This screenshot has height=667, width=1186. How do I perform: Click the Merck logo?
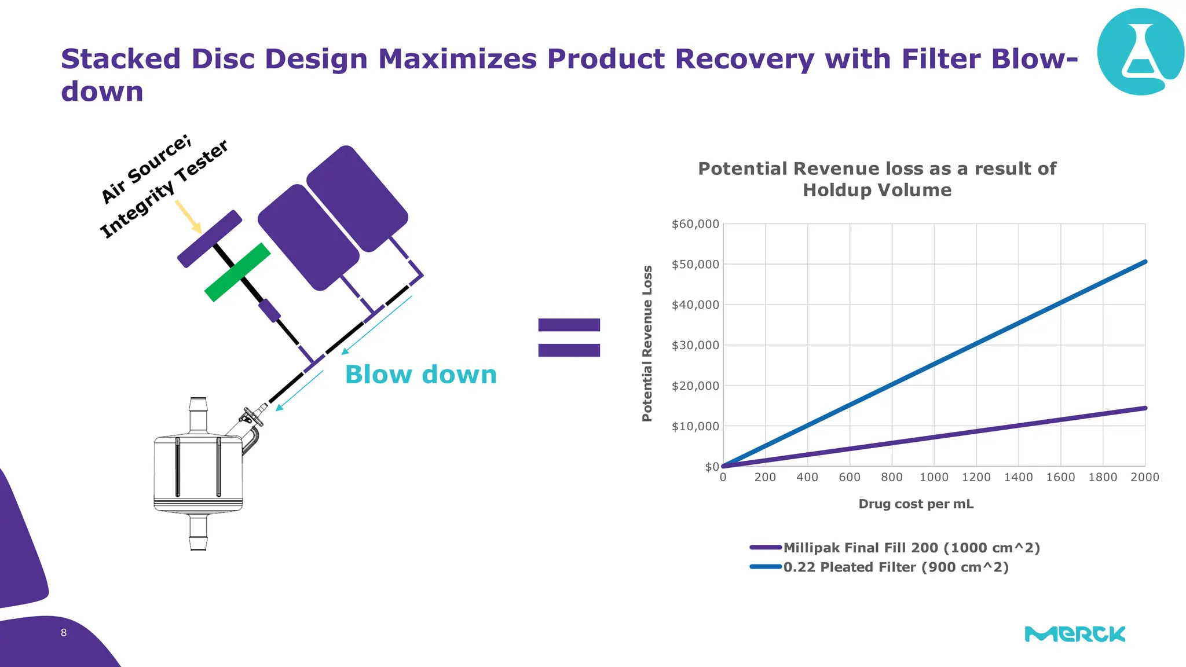click(1075, 634)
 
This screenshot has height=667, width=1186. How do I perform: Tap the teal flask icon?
click(1140, 52)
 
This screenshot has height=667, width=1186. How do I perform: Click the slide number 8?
click(64, 633)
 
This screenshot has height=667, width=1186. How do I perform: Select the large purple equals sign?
click(569, 337)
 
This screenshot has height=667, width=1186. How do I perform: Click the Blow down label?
click(420, 375)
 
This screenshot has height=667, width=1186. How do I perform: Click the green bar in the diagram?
click(237, 272)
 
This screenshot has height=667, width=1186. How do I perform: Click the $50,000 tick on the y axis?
click(695, 265)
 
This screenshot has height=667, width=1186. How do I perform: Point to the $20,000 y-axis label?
click(695, 386)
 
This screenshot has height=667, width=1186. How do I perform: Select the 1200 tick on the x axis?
click(976, 477)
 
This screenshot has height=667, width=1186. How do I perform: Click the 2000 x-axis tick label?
click(1144, 477)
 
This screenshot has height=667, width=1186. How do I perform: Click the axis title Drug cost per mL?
click(916, 504)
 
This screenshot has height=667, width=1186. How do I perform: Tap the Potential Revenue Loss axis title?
click(647, 343)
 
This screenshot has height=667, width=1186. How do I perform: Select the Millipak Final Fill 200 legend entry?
click(911, 548)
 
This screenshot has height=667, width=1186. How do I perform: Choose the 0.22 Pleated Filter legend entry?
click(895, 567)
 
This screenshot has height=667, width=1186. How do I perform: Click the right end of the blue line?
click(1145, 262)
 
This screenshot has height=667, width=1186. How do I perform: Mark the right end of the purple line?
click(1145, 408)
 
